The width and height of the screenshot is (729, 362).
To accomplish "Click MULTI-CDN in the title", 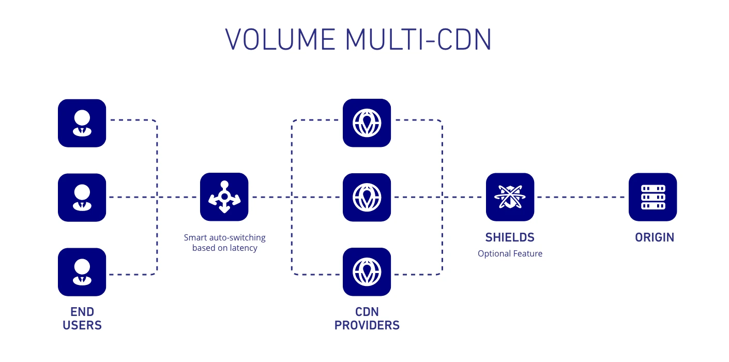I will tap(418, 39).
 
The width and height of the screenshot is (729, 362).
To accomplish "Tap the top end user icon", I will tap(82, 123).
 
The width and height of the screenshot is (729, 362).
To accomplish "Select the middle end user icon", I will tap(82, 197).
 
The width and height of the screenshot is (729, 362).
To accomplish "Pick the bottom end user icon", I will tap(82, 272).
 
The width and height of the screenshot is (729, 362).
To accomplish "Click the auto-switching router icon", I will tap(224, 197).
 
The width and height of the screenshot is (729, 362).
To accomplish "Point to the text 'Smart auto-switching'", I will tap(224, 238).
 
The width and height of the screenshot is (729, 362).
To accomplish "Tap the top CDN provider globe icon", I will tap(367, 123).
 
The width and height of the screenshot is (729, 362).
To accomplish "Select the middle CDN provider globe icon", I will tap(367, 197).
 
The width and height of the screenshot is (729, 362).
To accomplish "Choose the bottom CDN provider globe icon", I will tap(367, 272).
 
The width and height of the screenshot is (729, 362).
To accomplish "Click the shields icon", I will tap(510, 197).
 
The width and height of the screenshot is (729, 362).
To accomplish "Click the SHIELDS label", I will tap(510, 237).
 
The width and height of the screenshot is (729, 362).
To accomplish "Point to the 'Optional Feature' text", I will tap(510, 253).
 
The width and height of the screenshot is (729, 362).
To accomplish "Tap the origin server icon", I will tap(652, 197).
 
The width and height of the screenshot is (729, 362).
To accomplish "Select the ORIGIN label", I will tap(655, 237).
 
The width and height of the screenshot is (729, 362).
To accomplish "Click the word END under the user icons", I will tap(82, 312).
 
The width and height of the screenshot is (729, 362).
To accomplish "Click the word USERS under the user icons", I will tap(82, 325).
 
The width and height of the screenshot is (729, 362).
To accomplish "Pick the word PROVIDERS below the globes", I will tap(367, 325).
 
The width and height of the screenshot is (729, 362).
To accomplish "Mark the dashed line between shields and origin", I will tap(581, 197).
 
